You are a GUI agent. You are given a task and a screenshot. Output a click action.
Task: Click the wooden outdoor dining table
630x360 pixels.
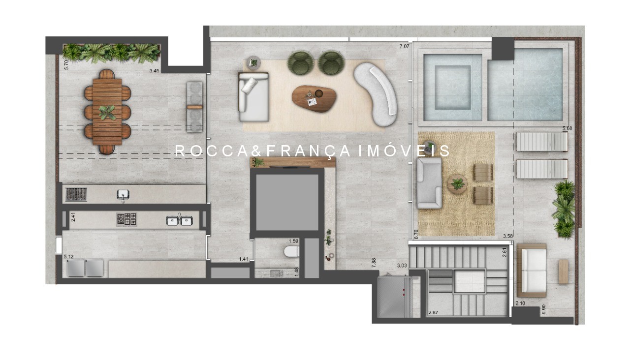pos(107,112)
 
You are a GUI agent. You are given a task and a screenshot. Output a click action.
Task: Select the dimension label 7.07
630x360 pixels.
pos(404,47)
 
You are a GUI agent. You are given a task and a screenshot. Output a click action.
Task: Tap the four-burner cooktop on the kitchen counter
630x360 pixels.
pos(126,219)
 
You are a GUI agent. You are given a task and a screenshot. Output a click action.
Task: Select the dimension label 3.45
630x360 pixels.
pos(155,71)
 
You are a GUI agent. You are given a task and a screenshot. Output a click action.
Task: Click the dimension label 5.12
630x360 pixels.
pos(68,256)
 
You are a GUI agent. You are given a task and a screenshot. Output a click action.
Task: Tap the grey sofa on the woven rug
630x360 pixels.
pos(429,183)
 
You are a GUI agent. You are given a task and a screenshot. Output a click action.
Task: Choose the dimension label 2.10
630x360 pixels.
pos(521,303)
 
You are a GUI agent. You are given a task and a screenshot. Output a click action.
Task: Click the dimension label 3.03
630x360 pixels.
pos(402,266)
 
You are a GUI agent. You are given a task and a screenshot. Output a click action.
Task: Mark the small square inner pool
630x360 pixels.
pos(453,88)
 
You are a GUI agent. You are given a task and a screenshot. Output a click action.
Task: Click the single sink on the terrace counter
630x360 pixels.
pos(123,195)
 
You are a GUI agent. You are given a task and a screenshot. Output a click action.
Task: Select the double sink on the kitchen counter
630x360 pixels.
pos(179,220)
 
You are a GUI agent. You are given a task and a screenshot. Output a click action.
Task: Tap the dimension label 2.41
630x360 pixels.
pos(73,217)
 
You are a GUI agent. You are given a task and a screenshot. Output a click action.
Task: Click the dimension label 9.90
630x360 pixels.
pos(543,309)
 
